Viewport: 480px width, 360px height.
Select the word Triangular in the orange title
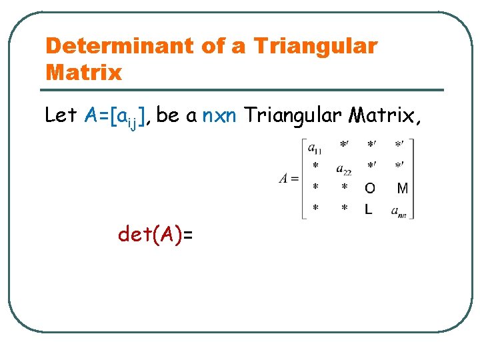tap(315, 47)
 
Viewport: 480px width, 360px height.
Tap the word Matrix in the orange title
tap(84, 71)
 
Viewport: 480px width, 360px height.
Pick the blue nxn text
tap(217, 115)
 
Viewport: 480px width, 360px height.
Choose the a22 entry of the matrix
tap(344, 169)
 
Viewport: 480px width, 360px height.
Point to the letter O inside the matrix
tap(370, 189)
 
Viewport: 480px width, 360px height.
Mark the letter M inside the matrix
tap(402, 189)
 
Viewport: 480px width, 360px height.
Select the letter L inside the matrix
tap(369, 209)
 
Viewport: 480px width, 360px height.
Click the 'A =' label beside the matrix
tap(289, 178)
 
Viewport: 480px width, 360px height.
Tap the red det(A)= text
tap(155, 234)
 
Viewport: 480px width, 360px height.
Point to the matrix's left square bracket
tap(304, 178)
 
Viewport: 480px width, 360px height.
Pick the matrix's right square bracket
tap(413, 178)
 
